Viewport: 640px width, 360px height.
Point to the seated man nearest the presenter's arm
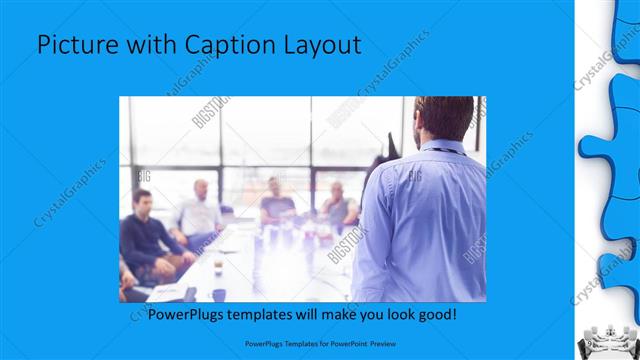click(338, 205)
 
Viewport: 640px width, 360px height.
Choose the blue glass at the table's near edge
click(218, 294)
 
